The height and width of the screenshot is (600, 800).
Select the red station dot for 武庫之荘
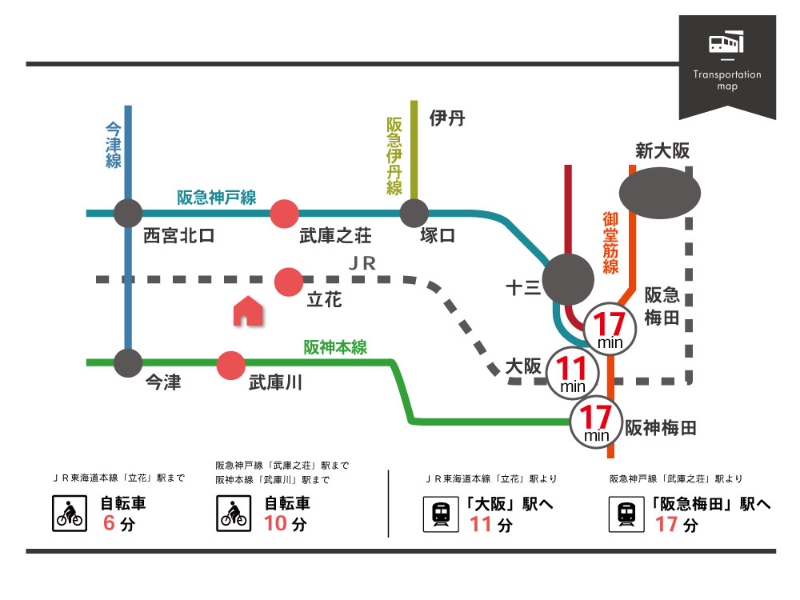(x=284, y=214)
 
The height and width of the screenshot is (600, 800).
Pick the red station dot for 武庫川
(x=231, y=364)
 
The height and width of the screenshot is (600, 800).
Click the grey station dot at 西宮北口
(x=128, y=214)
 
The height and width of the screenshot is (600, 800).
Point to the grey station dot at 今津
(x=128, y=363)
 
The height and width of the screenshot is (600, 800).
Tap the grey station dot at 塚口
(x=414, y=214)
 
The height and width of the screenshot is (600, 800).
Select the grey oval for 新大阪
(x=660, y=193)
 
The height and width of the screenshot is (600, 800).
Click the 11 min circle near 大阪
(x=573, y=373)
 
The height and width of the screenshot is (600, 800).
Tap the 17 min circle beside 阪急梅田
(x=610, y=329)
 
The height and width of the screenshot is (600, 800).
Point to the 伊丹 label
(x=447, y=119)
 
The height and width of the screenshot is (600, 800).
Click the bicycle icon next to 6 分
(x=69, y=513)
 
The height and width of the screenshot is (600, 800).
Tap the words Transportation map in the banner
(x=727, y=80)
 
